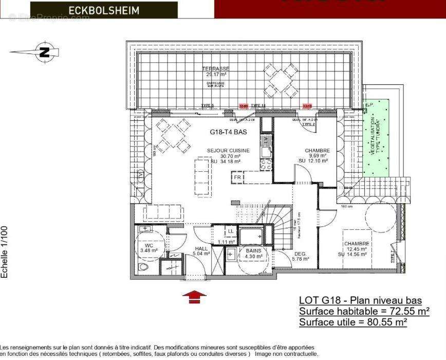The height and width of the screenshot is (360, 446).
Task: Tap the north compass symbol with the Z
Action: (x=45, y=52)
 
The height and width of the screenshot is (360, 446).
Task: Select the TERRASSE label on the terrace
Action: (x=215, y=69)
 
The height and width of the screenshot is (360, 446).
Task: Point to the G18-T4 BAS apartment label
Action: (x=229, y=132)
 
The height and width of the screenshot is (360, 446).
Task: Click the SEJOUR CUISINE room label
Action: (x=228, y=151)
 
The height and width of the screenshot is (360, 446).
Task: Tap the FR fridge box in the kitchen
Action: (x=237, y=177)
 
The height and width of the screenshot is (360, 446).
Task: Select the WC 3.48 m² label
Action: (x=148, y=248)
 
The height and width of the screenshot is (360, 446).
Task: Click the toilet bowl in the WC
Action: (x=142, y=268)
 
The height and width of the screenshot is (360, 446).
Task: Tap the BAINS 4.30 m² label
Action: (x=252, y=253)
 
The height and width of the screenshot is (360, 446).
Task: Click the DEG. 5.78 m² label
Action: (x=300, y=256)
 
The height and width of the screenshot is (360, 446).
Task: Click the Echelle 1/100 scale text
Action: (x=5, y=252)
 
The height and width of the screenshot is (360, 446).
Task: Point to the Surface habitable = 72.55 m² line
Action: (x=364, y=311)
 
